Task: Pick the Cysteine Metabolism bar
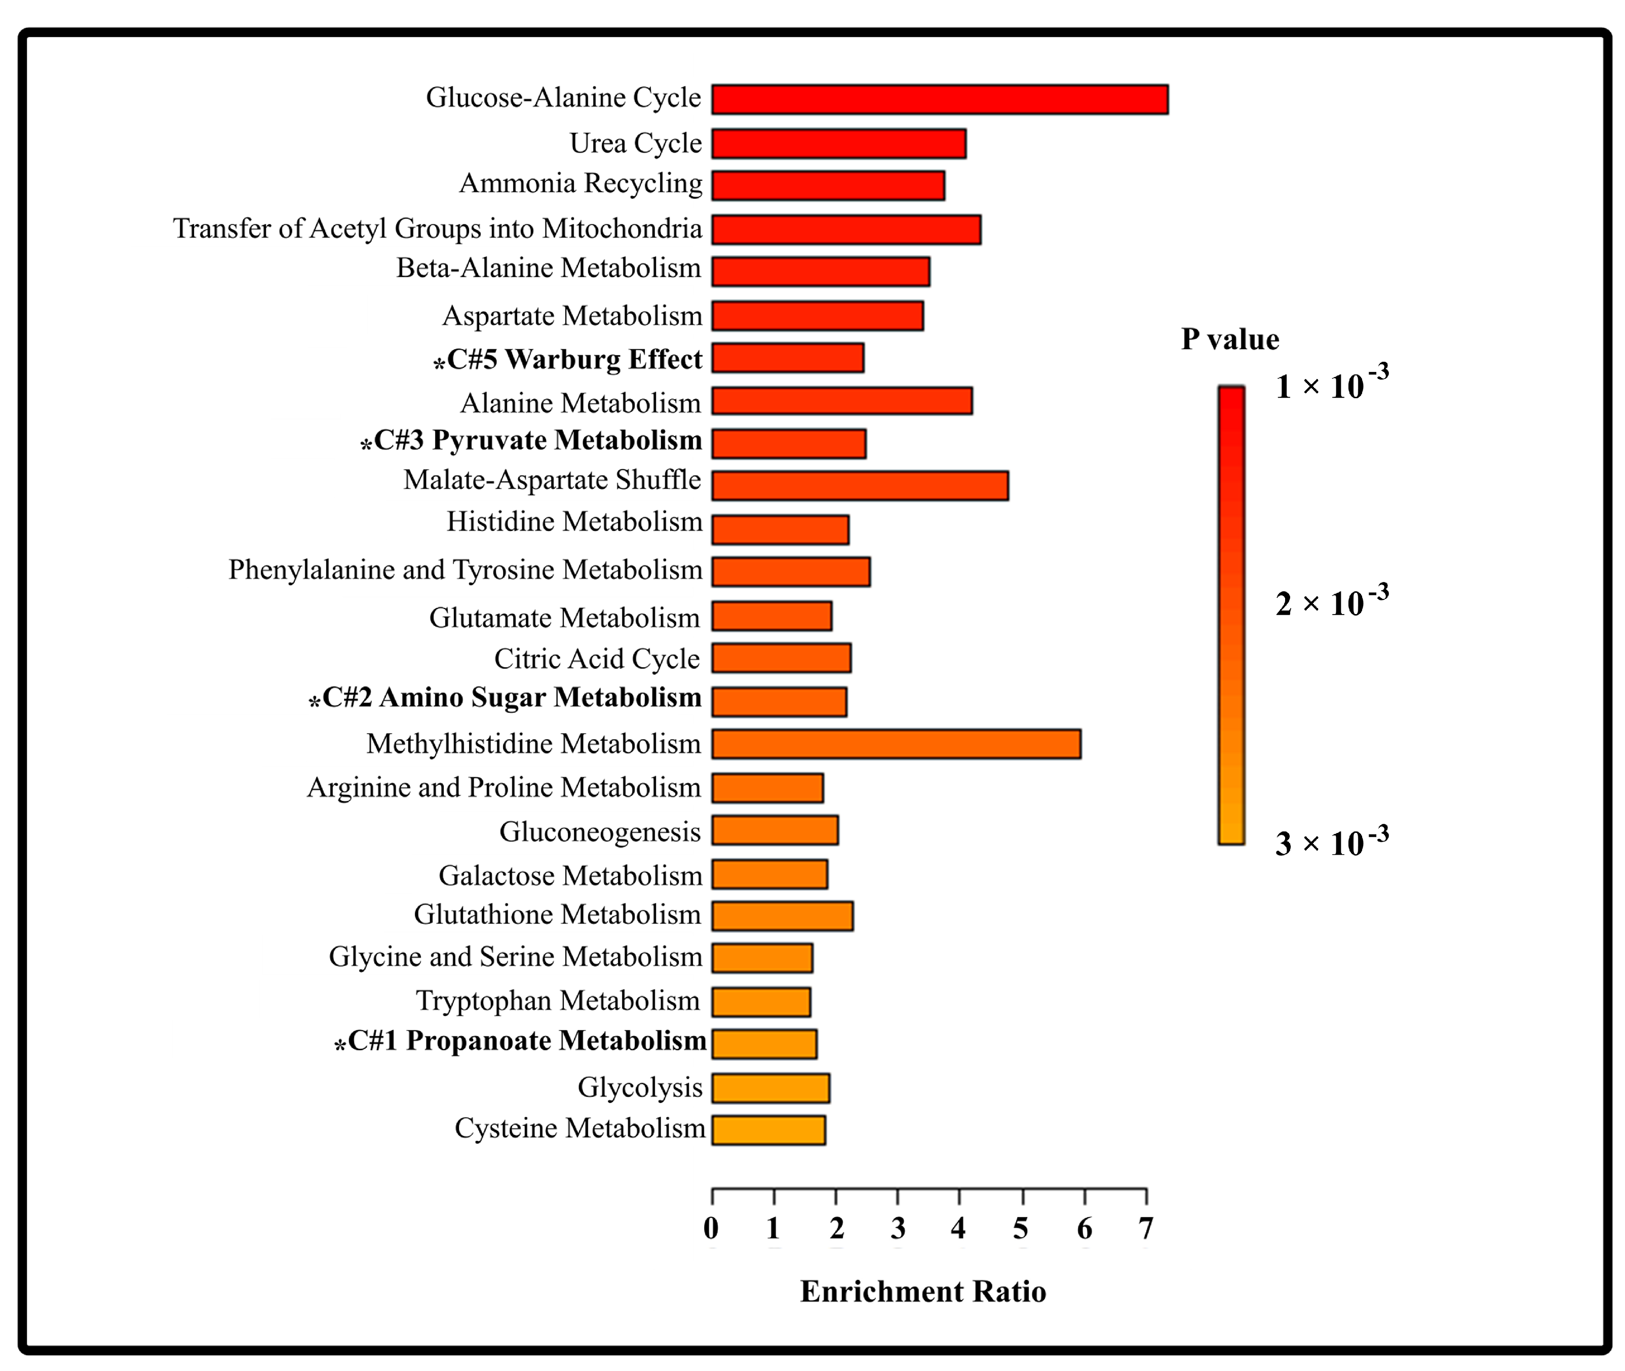[768, 1130]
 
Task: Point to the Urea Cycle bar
[838, 144]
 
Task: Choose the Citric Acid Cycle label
[596, 658]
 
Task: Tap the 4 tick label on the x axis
[958, 1228]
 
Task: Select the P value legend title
[1229, 339]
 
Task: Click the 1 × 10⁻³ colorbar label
[1331, 384]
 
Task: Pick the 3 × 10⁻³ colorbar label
[1331, 841]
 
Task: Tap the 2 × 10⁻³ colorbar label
[1331, 601]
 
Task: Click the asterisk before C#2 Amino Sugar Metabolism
[315, 702]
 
